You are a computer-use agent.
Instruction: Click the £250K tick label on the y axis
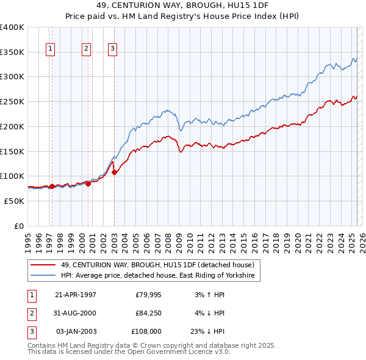click(x=12, y=101)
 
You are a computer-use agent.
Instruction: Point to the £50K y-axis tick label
click(x=14, y=201)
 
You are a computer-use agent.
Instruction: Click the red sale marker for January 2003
click(x=114, y=173)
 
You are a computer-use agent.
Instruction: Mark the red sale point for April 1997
click(x=52, y=186)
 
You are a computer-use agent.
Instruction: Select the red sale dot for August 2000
click(x=88, y=182)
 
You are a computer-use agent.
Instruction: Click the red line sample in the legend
click(x=43, y=264)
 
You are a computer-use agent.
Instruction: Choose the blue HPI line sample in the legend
click(x=43, y=276)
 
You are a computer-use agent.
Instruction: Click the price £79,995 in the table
click(x=148, y=295)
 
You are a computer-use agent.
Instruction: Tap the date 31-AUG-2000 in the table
click(x=75, y=313)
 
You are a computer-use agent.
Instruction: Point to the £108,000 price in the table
click(x=146, y=331)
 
